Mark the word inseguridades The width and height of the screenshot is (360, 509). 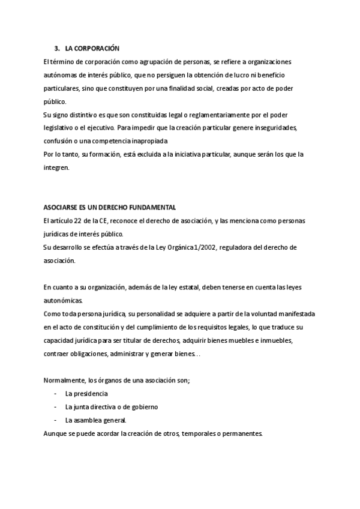click(x=278, y=127)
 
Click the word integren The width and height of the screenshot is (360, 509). click(x=57, y=167)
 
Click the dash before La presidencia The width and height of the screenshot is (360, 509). click(x=55, y=394)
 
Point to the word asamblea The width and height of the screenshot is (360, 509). click(x=88, y=420)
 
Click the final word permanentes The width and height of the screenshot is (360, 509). click(x=241, y=433)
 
